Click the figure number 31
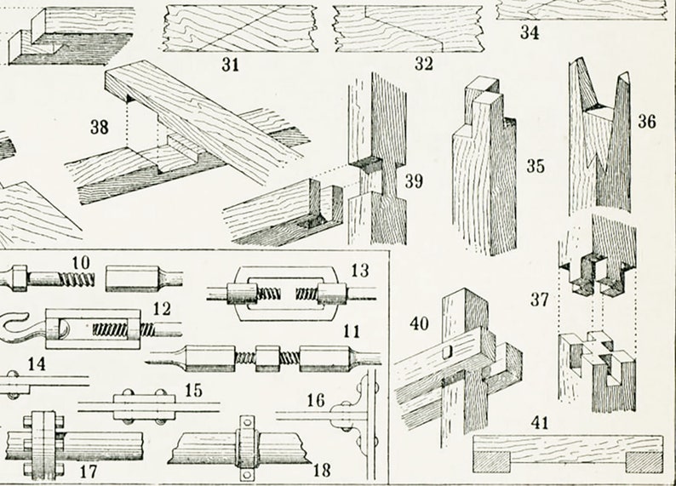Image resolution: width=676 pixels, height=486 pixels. (230, 65)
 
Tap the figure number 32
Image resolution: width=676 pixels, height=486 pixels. (423, 65)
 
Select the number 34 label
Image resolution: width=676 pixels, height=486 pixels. (530, 34)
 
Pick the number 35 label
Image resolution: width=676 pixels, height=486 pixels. (535, 166)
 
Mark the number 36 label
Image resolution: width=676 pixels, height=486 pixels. (647, 121)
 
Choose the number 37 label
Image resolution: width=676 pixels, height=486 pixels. (539, 299)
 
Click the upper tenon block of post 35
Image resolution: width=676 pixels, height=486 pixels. (488, 102)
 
